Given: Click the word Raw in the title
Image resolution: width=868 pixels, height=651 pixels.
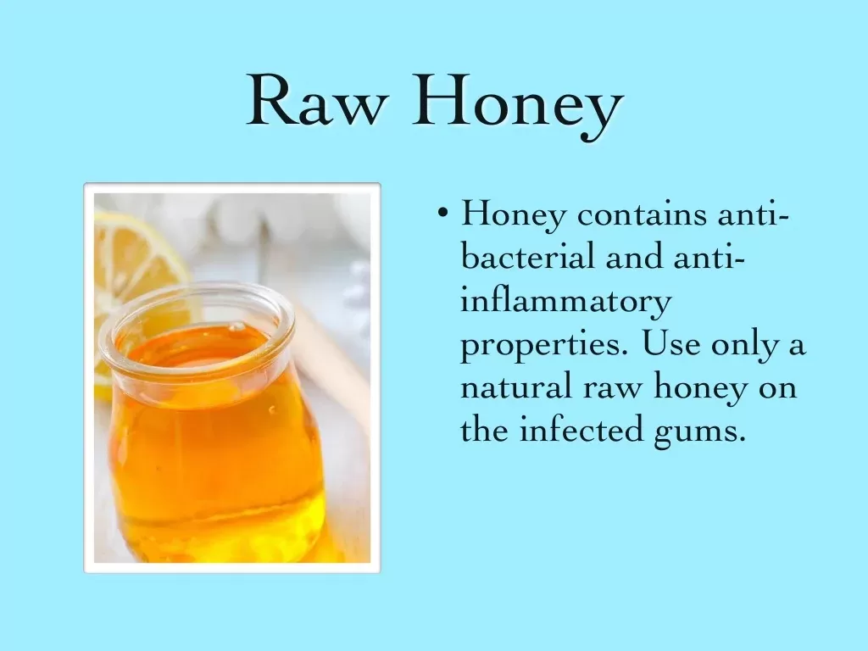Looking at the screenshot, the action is click(316, 102).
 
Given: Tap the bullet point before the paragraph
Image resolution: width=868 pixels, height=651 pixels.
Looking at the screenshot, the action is click(442, 213).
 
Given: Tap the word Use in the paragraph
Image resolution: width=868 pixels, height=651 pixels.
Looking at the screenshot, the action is click(671, 343).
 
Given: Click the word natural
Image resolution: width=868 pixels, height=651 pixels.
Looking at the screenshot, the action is click(516, 387).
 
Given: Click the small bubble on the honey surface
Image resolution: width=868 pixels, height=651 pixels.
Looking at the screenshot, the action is click(237, 327).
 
